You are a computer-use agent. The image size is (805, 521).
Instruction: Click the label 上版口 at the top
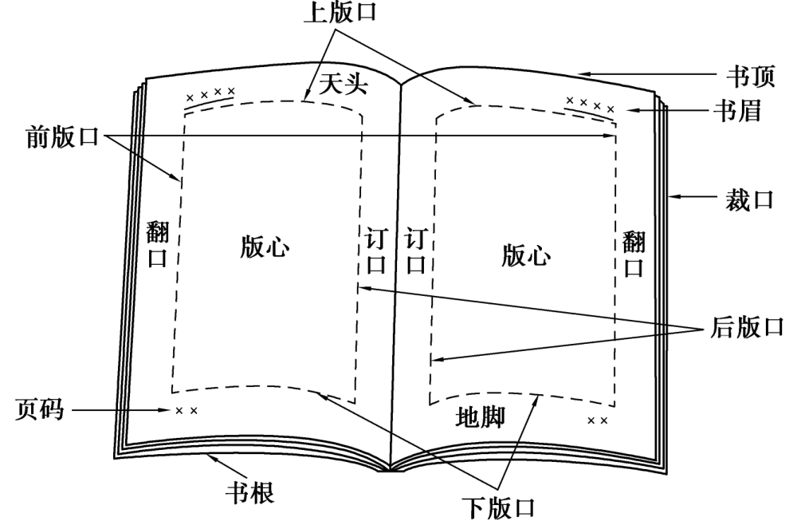(340, 12)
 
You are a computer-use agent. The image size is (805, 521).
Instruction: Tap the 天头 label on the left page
(344, 83)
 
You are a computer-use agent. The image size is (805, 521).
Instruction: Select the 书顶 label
(751, 76)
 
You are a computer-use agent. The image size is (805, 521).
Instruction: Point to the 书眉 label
(738, 110)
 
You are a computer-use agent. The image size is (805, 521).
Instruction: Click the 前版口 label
(62, 137)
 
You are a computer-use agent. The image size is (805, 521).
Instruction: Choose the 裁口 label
(749, 199)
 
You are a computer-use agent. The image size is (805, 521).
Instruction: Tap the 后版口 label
(748, 327)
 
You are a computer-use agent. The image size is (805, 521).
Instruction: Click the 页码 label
(40, 409)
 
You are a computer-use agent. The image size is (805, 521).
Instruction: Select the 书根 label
(250, 492)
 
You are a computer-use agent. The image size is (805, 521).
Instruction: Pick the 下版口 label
(498, 507)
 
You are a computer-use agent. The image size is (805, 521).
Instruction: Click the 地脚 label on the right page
(480, 416)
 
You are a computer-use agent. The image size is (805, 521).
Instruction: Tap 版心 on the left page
(265, 246)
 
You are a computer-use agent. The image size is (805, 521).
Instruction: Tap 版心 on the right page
(526, 255)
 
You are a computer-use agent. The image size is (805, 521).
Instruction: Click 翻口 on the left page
(158, 243)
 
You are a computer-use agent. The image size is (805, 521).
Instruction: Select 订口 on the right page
(416, 251)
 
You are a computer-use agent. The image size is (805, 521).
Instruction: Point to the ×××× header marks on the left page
(210, 94)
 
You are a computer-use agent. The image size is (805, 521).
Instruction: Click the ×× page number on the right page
(598, 420)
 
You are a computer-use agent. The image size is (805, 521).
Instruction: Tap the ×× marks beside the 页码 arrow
(187, 411)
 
